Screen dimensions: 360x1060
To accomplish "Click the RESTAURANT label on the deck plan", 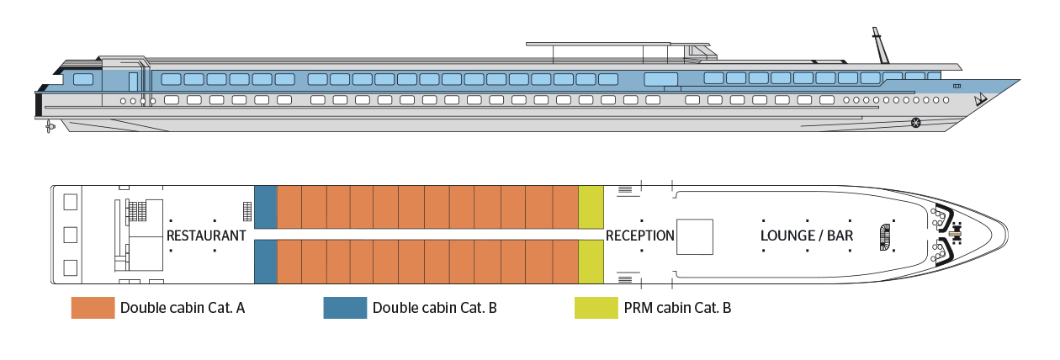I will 206,236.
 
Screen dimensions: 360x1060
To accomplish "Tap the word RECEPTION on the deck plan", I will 640,236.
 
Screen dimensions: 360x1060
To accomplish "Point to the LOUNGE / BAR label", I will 807,236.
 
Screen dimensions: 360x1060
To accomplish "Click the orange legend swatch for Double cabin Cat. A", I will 93,308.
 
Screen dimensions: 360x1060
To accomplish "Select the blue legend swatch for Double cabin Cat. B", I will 345,308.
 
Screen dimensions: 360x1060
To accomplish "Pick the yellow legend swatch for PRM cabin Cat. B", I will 596,308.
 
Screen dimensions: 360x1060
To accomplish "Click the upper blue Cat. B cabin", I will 266,206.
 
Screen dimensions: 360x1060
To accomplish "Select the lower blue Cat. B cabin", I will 266,262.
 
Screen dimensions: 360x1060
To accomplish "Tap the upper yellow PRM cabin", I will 591,206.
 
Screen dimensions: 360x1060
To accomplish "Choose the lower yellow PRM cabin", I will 591,262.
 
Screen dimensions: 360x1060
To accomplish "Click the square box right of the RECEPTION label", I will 696,236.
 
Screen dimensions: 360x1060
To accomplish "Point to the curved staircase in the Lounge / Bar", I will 882,236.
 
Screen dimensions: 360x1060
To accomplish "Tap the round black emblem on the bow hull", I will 916,124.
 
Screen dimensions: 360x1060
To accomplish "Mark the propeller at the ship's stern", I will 50,126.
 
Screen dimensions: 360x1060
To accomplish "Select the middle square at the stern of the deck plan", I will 71,235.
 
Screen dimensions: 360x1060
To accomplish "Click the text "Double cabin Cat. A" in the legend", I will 183,308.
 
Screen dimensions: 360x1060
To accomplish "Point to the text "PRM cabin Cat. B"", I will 677,308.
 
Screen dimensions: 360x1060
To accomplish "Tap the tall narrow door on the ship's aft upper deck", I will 134,82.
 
